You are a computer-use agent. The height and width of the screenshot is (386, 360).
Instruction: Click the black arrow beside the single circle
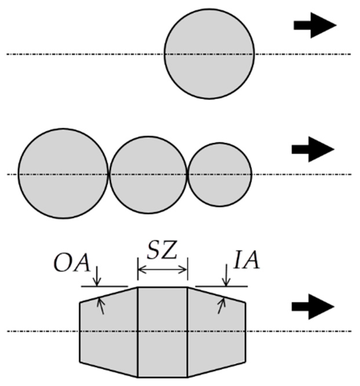(x=314, y=25)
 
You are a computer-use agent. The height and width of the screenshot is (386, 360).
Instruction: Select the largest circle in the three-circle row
(x=63, y=173)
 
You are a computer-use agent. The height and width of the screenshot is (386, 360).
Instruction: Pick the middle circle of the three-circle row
(x=148, y=175)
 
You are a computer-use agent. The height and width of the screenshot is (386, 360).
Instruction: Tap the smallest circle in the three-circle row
(x=220, y=174)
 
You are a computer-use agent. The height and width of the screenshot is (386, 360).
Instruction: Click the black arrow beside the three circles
(x=313, y=149)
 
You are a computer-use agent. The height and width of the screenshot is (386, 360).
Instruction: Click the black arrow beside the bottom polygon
(x=313, y=307)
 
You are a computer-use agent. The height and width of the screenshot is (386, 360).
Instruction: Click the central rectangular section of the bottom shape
(x=162, y=332)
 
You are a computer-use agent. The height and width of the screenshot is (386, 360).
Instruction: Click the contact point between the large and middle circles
(x=109, y=174)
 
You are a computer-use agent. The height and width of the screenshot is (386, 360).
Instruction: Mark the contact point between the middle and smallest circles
(x=188, y=174)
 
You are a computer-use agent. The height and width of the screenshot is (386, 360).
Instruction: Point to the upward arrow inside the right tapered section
(x=221, y=306)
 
